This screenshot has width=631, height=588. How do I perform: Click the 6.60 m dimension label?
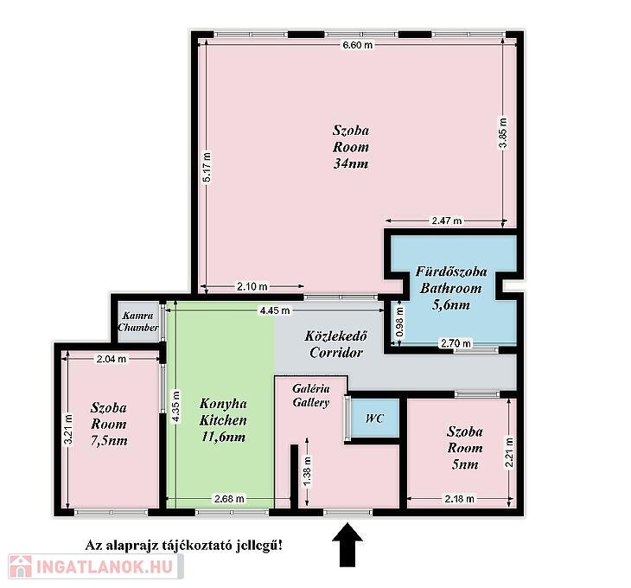click(357, 45)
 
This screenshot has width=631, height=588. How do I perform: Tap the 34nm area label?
click(351, 163)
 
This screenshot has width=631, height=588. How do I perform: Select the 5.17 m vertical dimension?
click(207, 167)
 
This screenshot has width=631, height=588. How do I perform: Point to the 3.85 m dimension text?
click(503, 133)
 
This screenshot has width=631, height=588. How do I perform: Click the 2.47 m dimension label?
click(447, 220)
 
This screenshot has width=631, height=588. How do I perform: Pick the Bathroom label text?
click(450, 288)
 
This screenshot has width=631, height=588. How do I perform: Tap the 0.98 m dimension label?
click(399, 323)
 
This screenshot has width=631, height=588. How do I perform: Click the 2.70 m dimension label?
click(456, 343)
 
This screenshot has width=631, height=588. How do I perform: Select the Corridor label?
click(336, 353)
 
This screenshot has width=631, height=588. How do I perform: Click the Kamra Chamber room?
click(138, 322)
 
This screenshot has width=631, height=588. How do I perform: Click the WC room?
click(374, 419)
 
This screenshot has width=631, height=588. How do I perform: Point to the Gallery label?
click(310, 402)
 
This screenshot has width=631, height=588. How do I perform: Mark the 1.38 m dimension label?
click(308, 471)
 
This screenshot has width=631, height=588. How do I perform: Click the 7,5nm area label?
click(109, 440)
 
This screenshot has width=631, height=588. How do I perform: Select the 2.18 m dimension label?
click(459, 499)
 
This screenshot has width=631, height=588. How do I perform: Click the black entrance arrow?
click(347, 545)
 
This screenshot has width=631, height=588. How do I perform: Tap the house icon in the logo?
click(21, 566)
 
